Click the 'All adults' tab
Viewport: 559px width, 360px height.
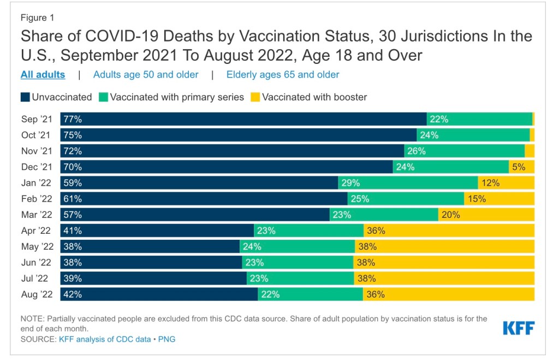(x=43, y=75)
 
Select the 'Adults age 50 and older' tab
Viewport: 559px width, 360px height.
(x=146, y=75)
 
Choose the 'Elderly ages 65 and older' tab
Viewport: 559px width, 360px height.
(x=283, y=75)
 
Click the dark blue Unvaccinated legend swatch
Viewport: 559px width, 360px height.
(x=25, y=97)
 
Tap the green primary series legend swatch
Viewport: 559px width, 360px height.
(x=103, y=97)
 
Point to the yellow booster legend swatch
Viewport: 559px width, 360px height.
(x=255, y=97)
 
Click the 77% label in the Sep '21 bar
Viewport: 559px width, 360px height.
(x=73, y=120)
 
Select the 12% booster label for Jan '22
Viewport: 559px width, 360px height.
(x=490, y=183)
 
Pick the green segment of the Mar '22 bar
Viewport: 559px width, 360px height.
(x=384, y=215)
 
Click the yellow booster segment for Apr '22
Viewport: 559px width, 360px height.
(x=449, y=231)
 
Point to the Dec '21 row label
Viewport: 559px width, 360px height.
(x=37, y=167)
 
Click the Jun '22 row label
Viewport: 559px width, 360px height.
(x=37, y=262)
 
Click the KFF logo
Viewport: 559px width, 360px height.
(x=518, y=328)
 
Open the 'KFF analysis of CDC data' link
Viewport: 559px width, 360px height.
(x=104, y=339)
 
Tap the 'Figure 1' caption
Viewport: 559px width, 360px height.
(x=38, y=18)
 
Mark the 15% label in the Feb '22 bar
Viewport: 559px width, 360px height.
(x=477, y=199)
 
